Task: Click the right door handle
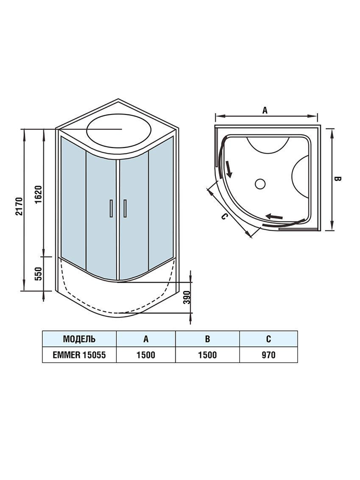[125, 208]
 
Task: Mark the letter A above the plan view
[265, 110]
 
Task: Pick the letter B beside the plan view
[337, 179]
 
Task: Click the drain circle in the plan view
[260, 184]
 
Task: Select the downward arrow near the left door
[228, 169]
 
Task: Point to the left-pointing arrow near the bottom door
[274, 216]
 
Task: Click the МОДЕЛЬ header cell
[79, 339]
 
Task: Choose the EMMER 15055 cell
[79, 355]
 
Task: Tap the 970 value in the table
[269, 355]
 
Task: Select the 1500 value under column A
[146, 355]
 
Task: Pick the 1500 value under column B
[207, 355]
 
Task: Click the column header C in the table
[269, 339]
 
